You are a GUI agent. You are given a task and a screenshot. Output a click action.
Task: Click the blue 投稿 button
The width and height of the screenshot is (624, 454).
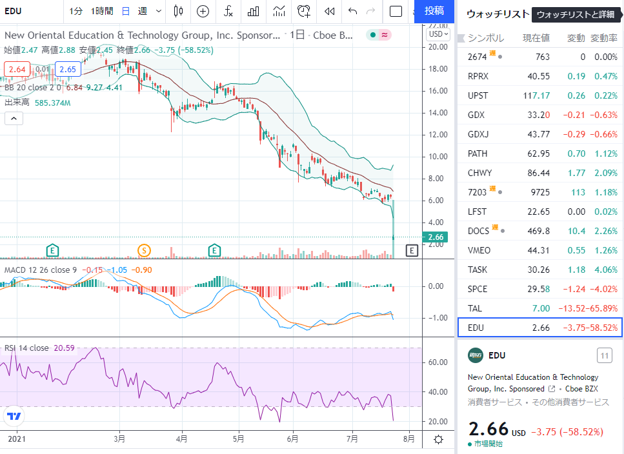434,11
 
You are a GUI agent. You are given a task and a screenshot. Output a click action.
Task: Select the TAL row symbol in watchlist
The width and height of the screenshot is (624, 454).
475,308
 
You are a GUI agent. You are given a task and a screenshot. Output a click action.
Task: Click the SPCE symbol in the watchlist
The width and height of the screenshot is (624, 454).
478,289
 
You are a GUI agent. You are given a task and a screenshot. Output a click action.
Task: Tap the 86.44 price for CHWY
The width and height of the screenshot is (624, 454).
538,173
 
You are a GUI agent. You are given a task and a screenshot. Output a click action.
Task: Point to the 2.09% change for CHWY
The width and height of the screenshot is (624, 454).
606,173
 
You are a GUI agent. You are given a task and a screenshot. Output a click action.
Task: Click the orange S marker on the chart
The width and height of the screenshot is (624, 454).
144,250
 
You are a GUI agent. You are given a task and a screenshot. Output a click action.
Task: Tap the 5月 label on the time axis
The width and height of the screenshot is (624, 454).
238,439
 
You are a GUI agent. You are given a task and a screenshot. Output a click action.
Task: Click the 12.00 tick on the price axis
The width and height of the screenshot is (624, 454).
438,135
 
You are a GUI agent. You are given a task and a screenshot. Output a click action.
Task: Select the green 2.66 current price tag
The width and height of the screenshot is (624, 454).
435,237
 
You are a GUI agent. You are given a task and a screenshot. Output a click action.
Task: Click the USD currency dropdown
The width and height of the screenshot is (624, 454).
439,34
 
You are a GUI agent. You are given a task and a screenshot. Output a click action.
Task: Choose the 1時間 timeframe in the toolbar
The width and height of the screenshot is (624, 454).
102,11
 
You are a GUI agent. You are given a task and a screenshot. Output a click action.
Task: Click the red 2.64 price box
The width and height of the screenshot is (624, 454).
17,69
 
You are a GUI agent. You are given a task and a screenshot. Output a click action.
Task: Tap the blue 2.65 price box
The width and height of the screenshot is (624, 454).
68,69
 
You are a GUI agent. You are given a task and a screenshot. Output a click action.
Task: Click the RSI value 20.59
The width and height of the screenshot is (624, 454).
64,348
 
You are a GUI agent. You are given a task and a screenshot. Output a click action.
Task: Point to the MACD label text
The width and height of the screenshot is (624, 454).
15,270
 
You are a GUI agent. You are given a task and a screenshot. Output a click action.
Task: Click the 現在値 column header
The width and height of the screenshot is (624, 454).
536,38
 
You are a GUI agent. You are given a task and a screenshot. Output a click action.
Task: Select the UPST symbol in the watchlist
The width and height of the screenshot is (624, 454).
478,96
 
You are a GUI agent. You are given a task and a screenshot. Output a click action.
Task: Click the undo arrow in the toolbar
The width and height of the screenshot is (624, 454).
352,11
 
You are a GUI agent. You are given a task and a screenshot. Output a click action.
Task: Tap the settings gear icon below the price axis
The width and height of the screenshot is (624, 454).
438,439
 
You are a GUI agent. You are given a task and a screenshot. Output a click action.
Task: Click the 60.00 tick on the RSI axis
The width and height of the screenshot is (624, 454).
438,362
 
